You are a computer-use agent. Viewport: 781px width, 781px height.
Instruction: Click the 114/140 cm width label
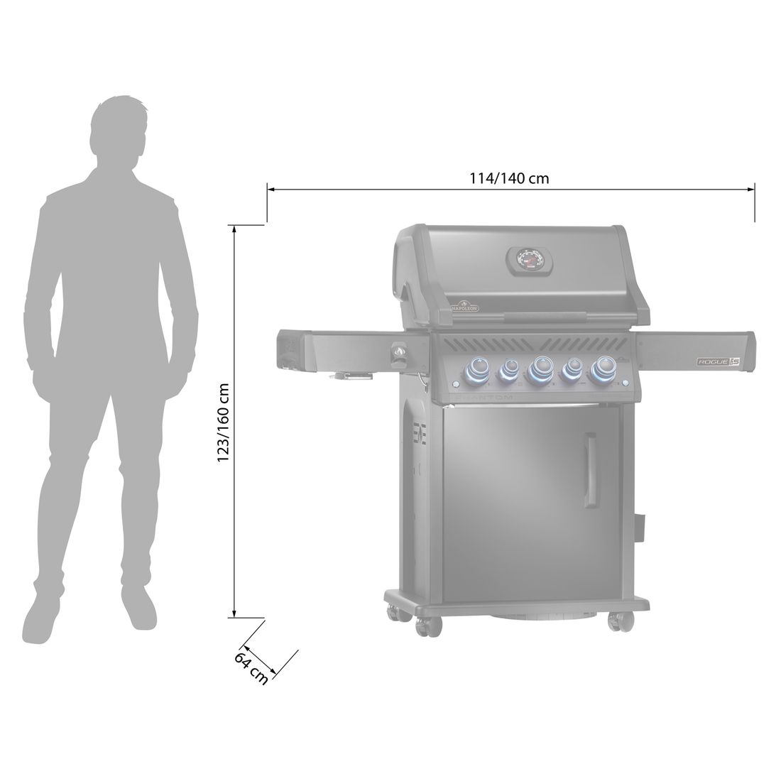(509, 178)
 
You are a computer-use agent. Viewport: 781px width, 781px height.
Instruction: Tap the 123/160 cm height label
(224, 423)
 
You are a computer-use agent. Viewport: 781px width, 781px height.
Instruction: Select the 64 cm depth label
(251, 668)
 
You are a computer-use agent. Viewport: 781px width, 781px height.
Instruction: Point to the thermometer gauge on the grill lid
(527, 259)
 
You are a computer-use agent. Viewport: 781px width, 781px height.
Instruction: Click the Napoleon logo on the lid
(461, 306)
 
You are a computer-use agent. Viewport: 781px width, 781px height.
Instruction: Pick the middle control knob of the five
(541, 368)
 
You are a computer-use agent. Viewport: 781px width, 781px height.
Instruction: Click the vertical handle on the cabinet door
(589, 472)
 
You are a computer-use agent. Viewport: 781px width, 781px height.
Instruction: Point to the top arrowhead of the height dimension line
(234, 229)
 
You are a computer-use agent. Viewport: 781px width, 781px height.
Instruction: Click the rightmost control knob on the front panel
(605, 367)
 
